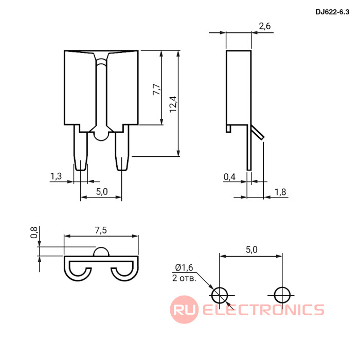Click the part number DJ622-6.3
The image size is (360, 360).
(x=332, y=12)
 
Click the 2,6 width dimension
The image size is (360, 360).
(x=265, y=26)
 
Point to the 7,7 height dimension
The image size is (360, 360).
(x=156, y=89)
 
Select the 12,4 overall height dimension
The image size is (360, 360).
(x=173, y=104)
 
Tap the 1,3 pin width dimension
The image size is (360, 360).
(x=56, y=176)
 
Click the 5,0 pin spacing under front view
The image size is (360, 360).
(x=102, y=191)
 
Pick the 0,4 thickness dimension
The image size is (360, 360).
(x=229, y=177)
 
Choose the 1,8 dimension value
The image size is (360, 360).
(x=280, y=192)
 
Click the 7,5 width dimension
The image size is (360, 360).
(x=101, y=230)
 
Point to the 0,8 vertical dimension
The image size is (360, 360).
(x=34, y=232)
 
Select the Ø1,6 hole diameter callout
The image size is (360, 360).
(x=184, y=267)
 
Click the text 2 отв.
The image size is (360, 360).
(x=184, y=278)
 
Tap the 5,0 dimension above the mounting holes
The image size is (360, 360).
(x=251, y=249)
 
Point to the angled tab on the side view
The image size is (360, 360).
(x=258, y=132)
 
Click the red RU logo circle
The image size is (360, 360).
(x=184, y=310)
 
